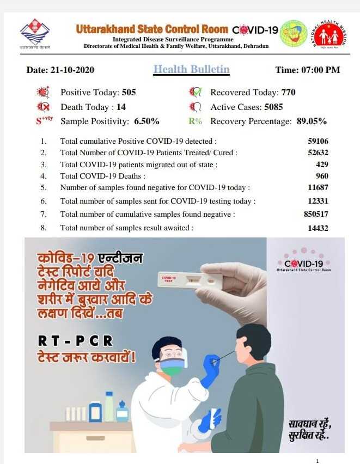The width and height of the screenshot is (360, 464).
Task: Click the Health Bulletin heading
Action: [x=191, y=69]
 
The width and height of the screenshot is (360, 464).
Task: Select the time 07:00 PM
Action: [x=321, y=70]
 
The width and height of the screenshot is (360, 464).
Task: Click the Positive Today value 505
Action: [x=129, y=93]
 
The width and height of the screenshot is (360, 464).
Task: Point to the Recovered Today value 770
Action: [x=288, y=93]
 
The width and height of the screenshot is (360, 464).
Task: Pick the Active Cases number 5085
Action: [x=273, y=107]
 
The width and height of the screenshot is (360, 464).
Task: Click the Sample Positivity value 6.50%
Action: [x=147, y=121]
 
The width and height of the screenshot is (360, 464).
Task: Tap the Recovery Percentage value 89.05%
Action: [x=312, y=121]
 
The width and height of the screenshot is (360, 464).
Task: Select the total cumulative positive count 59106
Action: [x=318, y=141]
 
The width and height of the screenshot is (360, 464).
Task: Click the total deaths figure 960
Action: [x=322, y=176]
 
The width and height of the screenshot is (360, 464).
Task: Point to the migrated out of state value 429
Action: [x=322, y=164]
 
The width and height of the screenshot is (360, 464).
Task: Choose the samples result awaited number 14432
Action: [x=318, y=228]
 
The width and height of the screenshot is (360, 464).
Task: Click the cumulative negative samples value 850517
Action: [x=316, y=214]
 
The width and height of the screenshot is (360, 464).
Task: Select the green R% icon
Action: [x=195, y=121]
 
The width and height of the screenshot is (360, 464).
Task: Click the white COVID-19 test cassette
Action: [x=190, y=280]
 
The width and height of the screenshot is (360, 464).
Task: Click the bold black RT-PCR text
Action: [x=76, y=341]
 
